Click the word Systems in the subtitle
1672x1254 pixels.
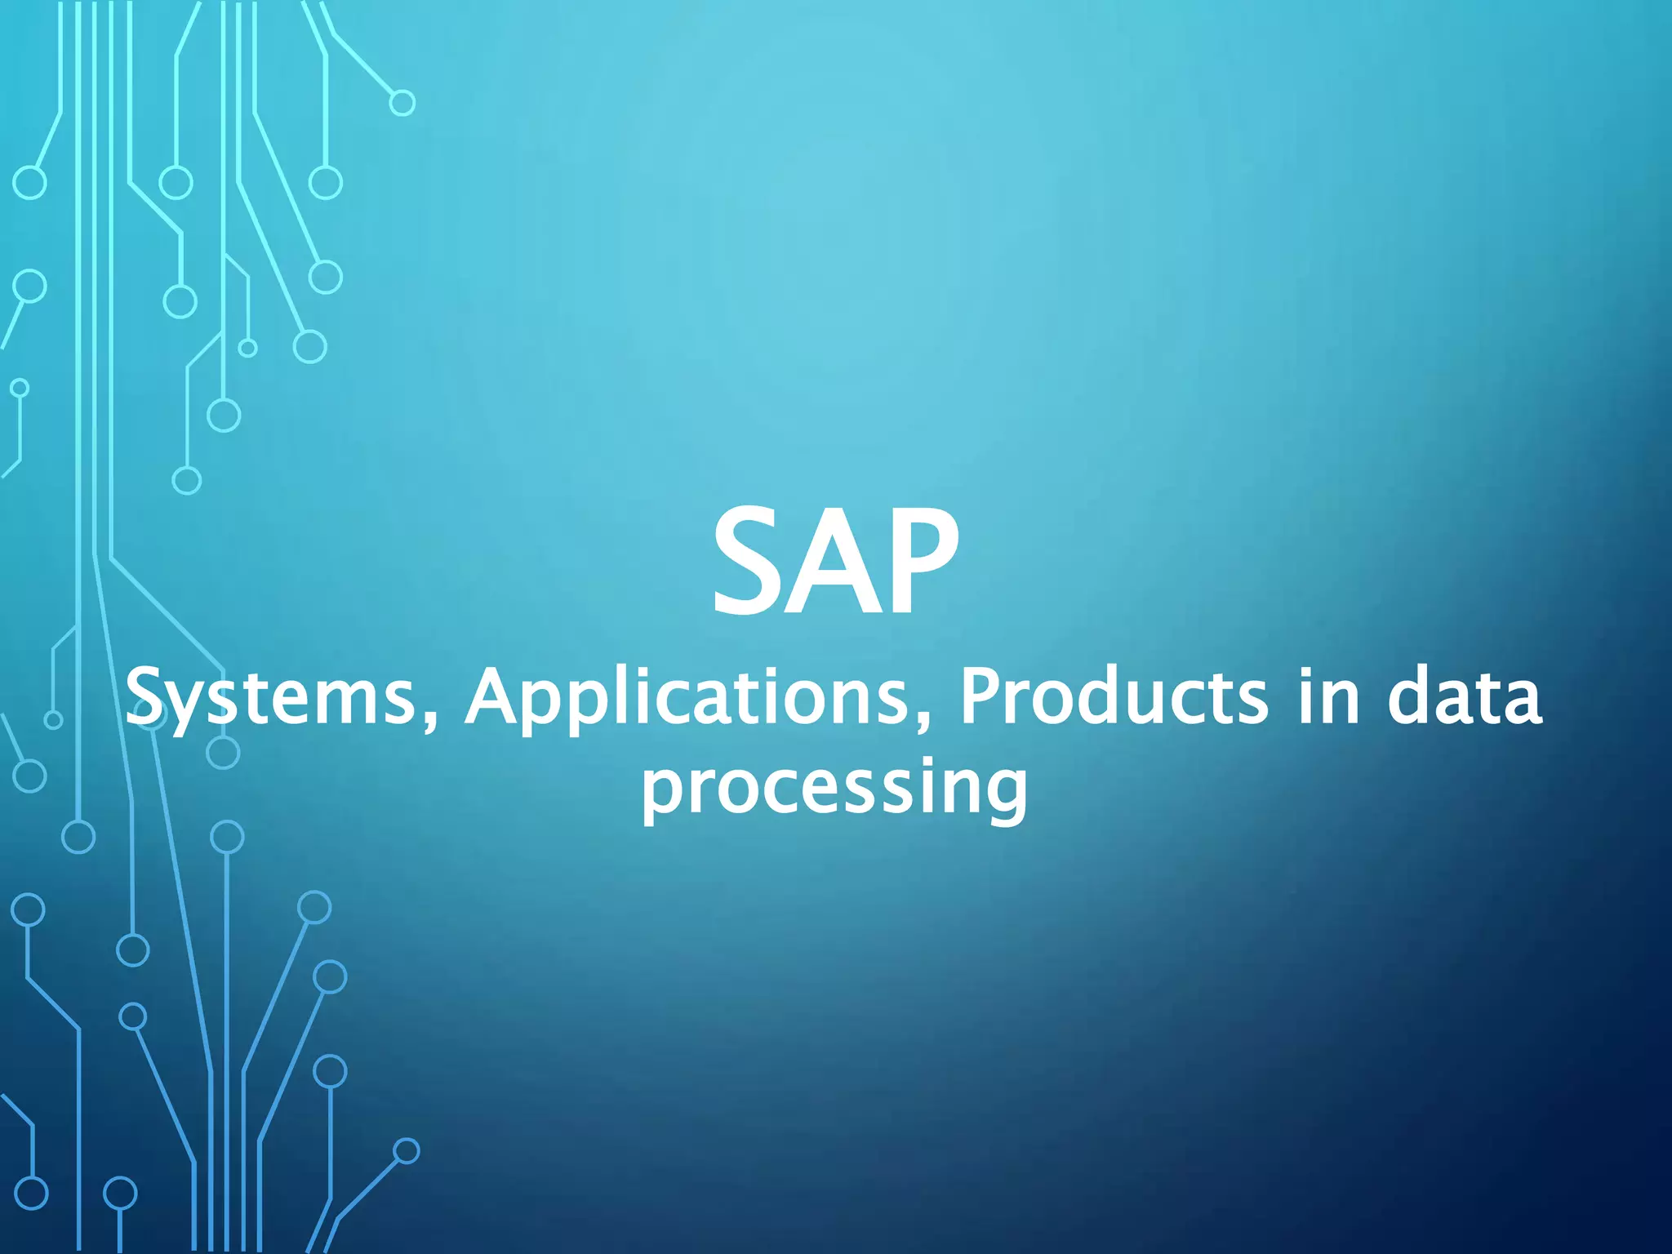[270, 698]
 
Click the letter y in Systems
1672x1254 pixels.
[193, 706]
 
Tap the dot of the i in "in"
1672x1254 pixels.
[1305, 671]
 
